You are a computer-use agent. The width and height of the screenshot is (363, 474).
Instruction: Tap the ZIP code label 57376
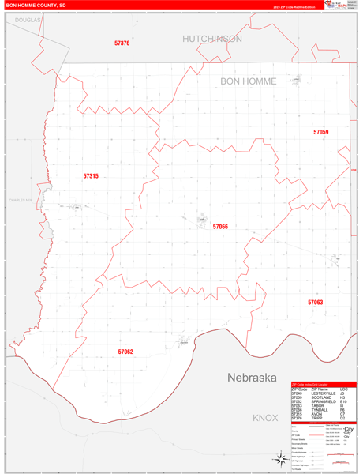(122, 43)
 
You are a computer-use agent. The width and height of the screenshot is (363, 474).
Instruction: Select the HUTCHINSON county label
(212, 38)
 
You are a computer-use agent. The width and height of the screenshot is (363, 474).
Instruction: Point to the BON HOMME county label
(248, 81)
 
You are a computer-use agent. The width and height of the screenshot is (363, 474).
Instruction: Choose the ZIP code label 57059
(320, 132)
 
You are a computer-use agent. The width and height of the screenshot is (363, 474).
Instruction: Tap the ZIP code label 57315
(91, 175)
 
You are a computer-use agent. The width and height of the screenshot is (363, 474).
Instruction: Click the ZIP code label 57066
(220, 227)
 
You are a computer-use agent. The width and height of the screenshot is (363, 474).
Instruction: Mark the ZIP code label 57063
(315, 302)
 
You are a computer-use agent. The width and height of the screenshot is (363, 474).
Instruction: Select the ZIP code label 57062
(125, 351)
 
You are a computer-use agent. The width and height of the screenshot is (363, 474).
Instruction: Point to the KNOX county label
(265, 416)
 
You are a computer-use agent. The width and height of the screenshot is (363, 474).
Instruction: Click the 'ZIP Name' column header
(320, 389)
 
